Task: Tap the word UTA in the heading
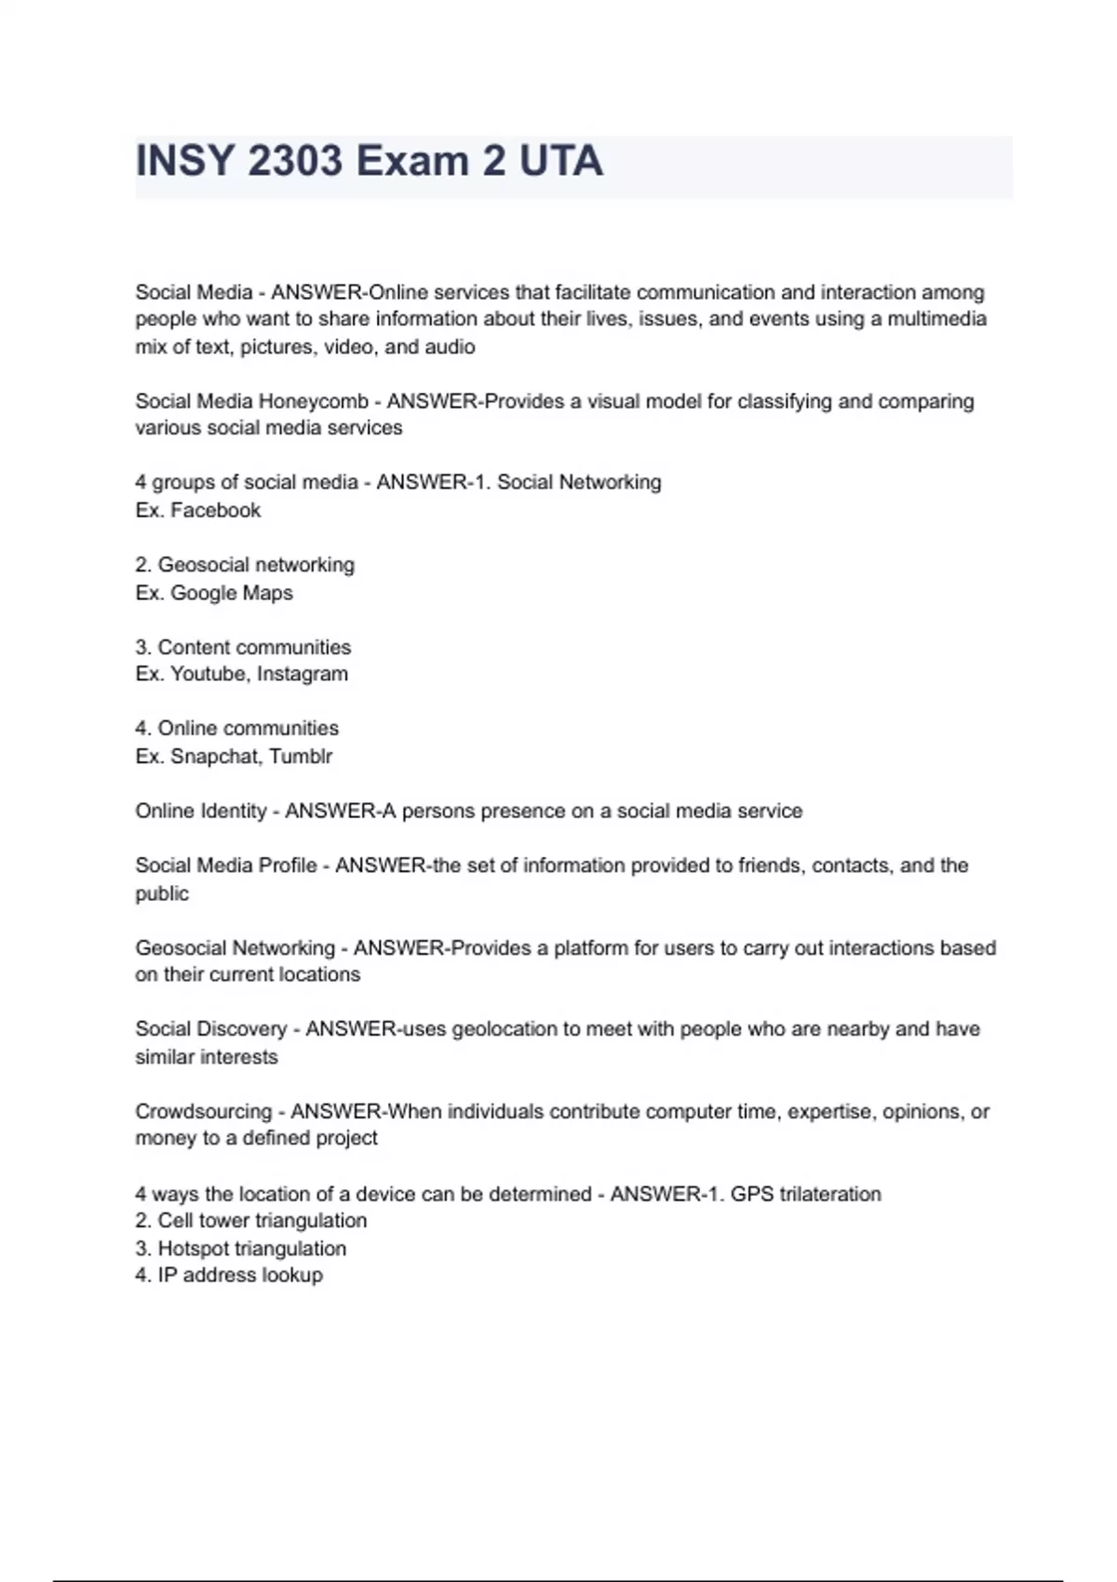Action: point(560,161)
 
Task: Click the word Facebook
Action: point(216,510)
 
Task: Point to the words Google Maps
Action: point(232,593)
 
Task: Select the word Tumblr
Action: point(301,757)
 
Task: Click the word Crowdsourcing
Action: point(203,1111)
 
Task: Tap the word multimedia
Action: point(936,319)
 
